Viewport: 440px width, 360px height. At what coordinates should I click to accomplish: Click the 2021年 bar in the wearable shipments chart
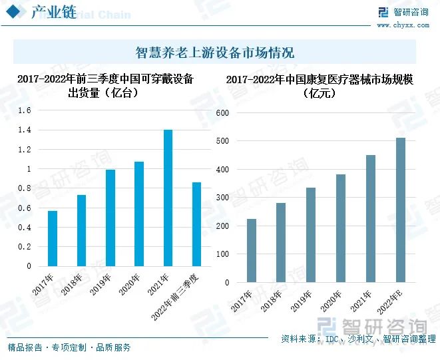pos(168,198)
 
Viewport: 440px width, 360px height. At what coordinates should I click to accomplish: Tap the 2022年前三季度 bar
pos(196,224)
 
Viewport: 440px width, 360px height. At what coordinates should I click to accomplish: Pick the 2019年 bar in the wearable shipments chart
pos(110,218)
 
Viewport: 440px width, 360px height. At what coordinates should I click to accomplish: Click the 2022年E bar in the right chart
pos(401,210)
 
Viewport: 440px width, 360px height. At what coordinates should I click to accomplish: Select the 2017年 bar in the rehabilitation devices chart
pos(251,250)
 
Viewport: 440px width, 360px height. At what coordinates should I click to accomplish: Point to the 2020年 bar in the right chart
pos(341,228)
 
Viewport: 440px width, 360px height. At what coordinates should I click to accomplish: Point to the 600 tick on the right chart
pos(222,113)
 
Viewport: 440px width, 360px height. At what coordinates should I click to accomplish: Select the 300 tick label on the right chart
pos(222,198)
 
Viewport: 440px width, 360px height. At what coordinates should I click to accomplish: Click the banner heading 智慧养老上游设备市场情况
pos(214,53)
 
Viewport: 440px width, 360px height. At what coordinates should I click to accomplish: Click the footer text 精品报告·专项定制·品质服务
pos(69,347)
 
